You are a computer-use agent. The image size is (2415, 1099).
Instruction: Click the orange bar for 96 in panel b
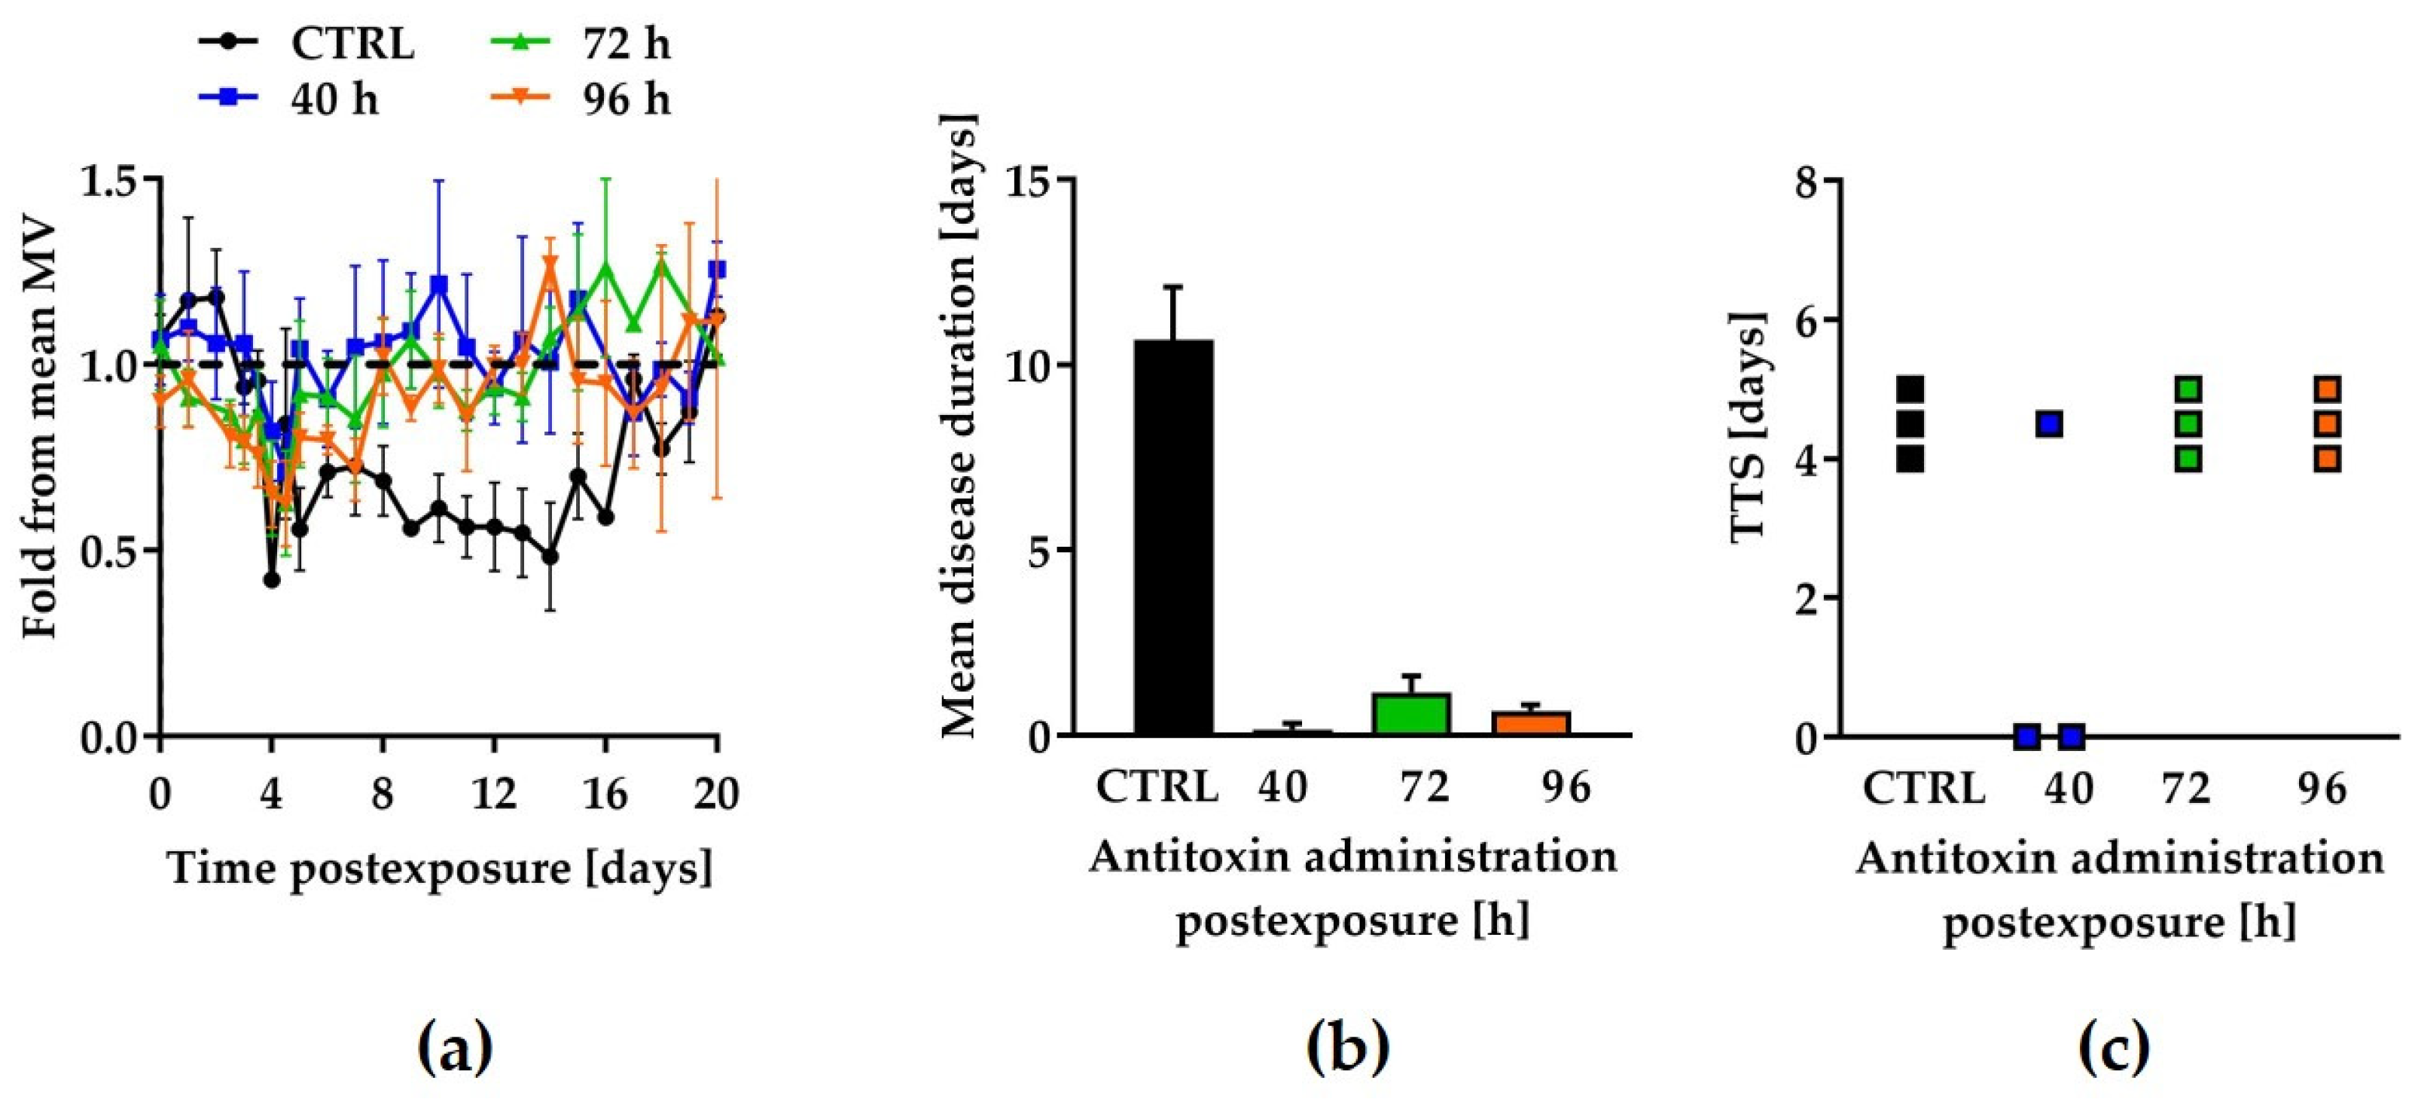[x=1531, y=723]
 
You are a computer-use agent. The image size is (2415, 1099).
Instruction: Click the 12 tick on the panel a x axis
[x=494, y=793]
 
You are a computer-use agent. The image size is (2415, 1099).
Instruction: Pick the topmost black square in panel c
[x=1910, y=389]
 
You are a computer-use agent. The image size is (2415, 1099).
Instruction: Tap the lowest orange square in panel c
[x=2328, y=459]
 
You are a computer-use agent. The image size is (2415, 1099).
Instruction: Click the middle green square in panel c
[x=2189, y=424]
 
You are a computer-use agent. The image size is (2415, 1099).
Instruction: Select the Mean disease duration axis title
[x=958, y=426]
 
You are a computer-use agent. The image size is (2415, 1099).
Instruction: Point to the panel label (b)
[x=1347, y=1048]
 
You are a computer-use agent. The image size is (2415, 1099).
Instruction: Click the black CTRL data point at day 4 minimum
[x=272, y=579]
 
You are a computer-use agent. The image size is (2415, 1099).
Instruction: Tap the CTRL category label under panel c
[x=1924, y=788]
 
